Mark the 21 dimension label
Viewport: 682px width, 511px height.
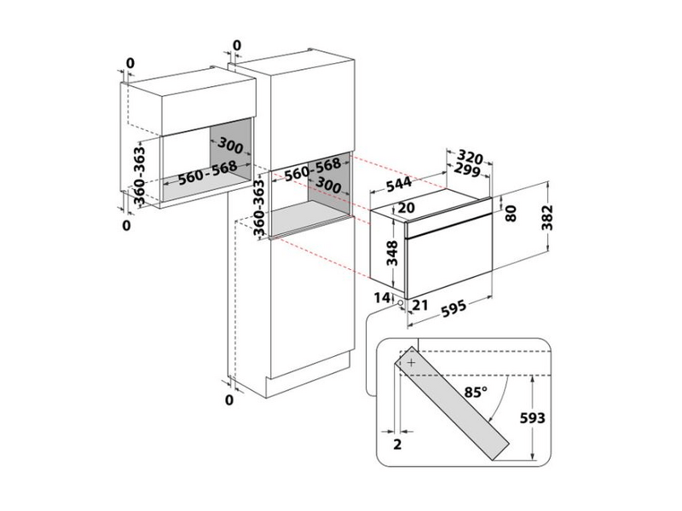(418, 304)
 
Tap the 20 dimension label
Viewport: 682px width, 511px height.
(406, 207)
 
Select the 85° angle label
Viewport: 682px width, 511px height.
(476, 393)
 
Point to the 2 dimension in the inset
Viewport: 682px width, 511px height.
(398, 445)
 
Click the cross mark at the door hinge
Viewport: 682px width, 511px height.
(413, 363)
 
